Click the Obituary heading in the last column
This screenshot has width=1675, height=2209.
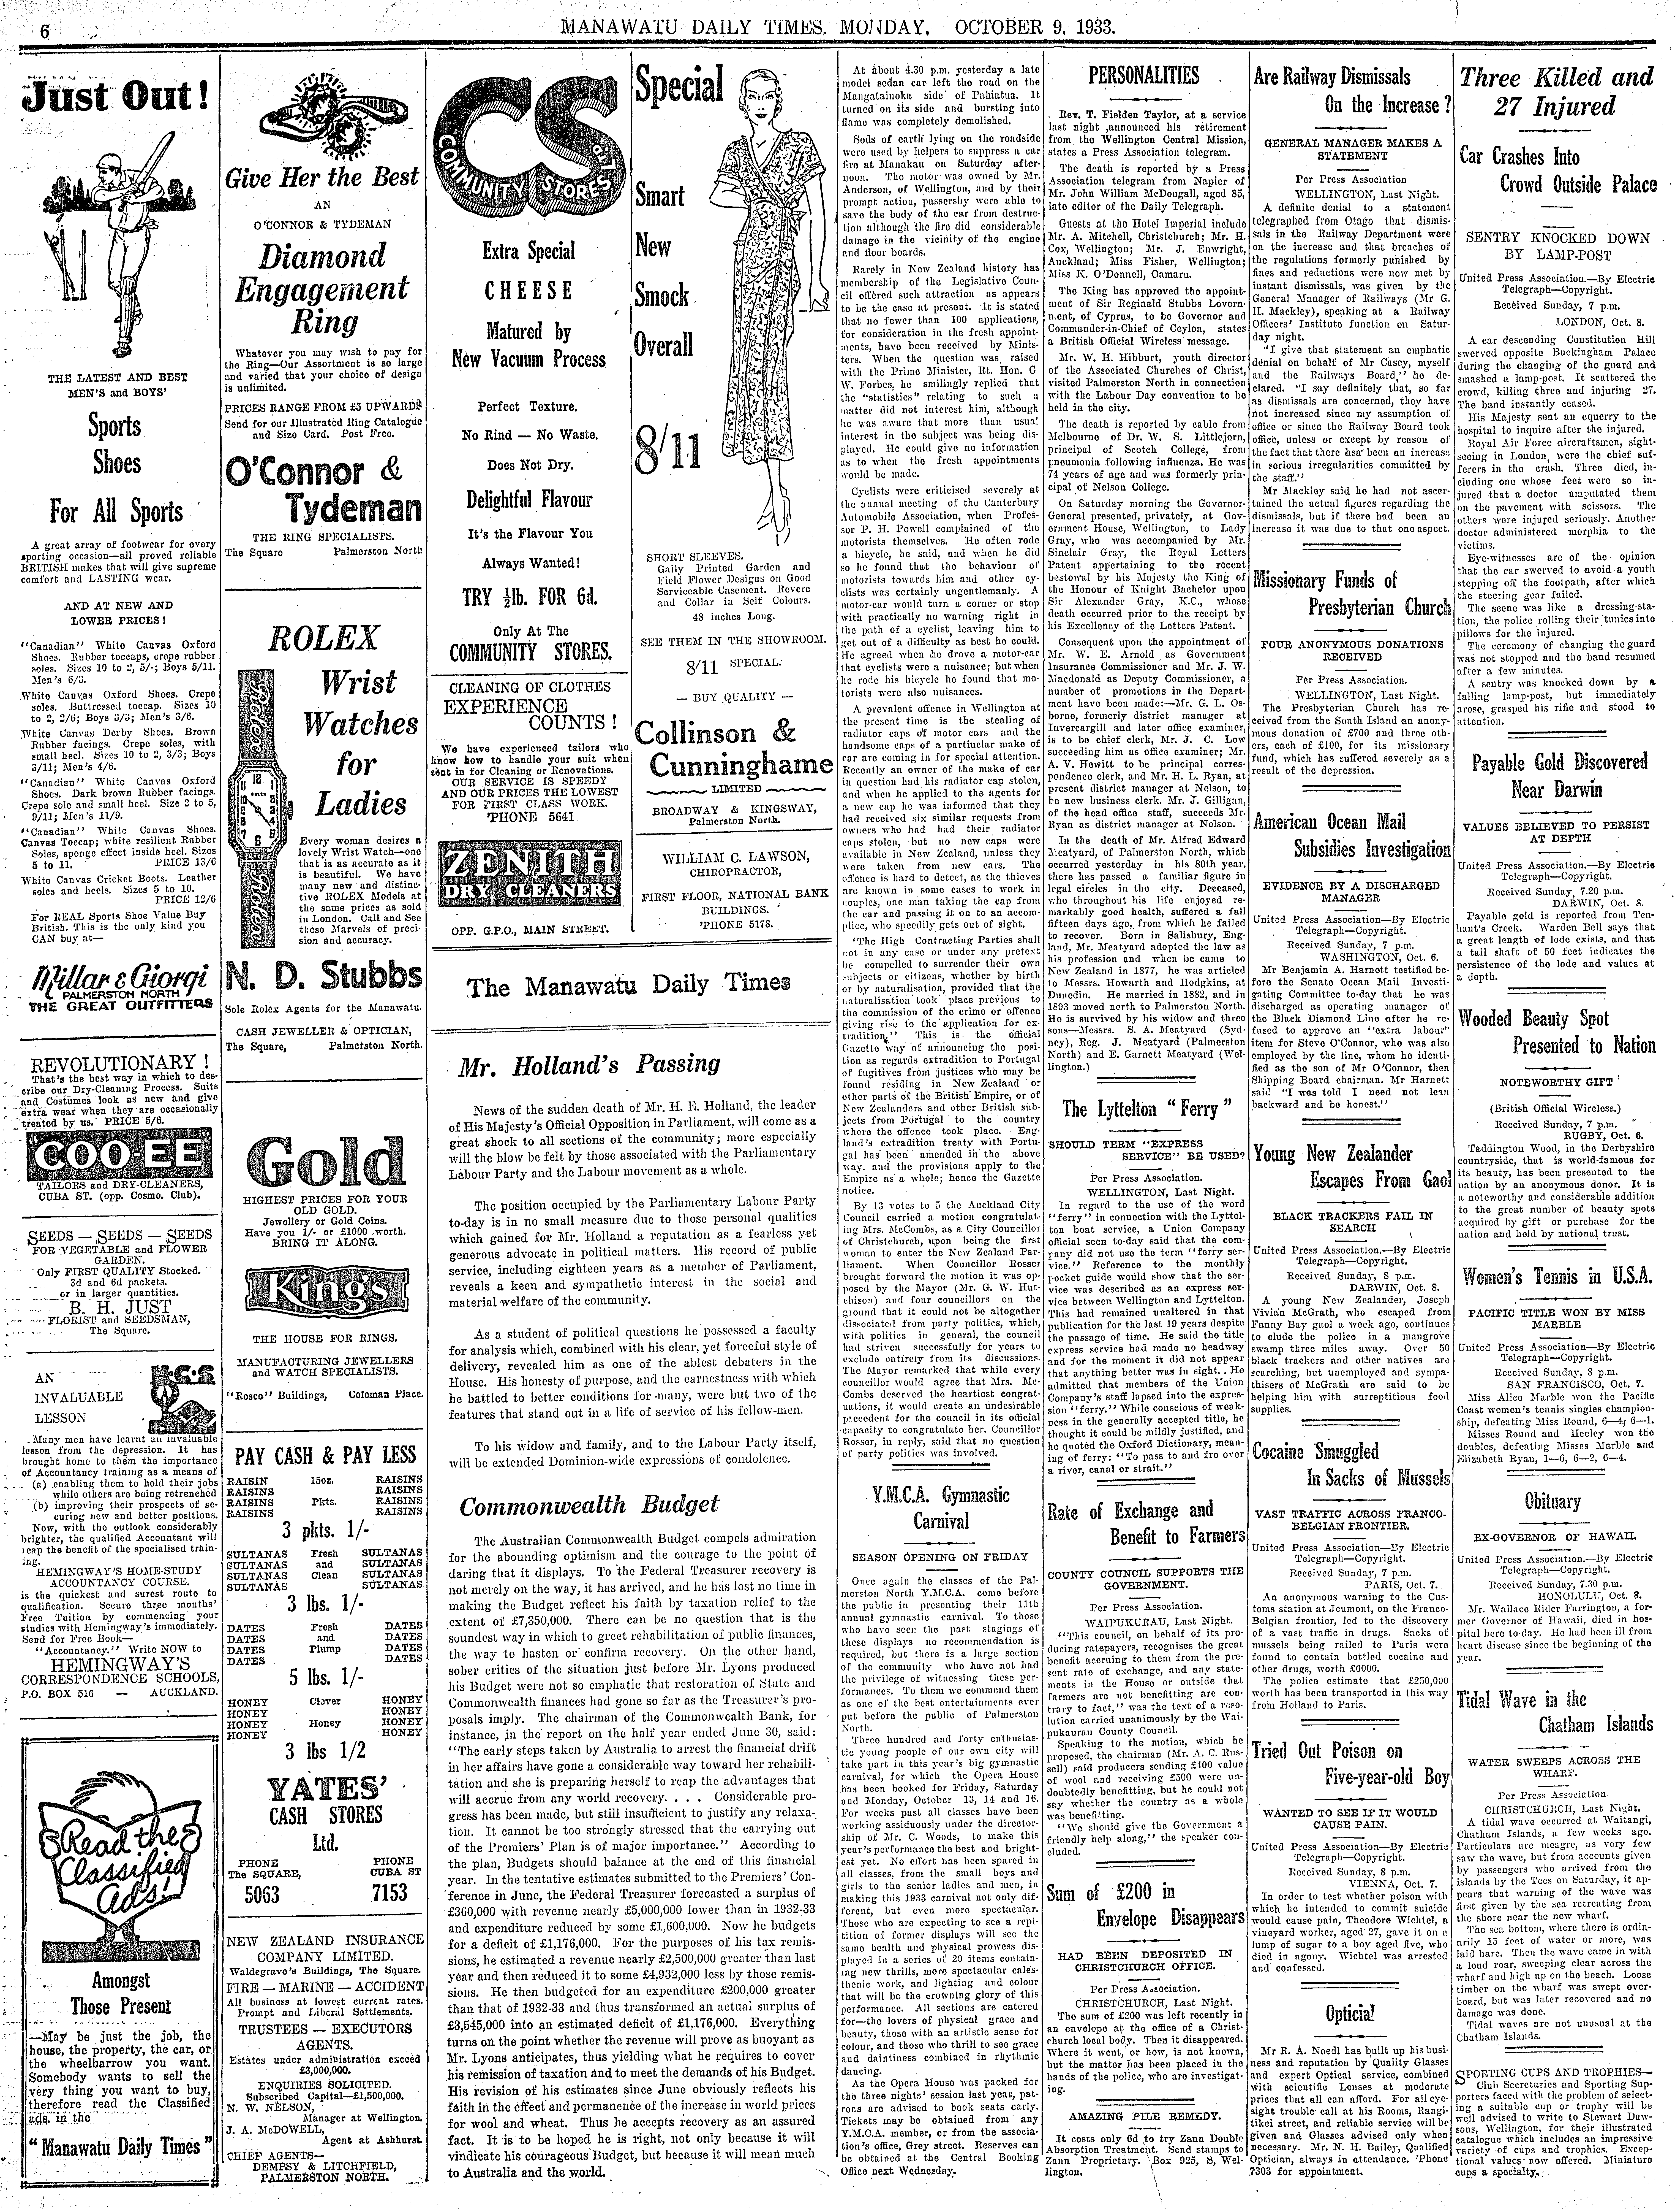[x=1552, y=1501]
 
